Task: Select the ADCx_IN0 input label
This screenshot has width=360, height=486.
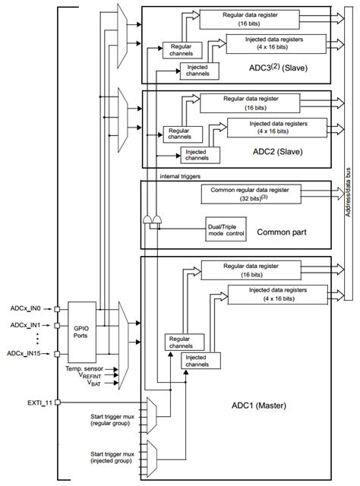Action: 26,308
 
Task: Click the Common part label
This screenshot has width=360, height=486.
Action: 281,231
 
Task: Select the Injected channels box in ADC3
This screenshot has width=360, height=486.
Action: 198,70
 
